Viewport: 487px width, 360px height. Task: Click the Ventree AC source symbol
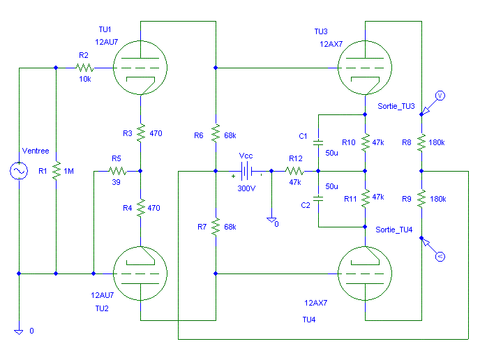pyautogui.click(x=19, y=171)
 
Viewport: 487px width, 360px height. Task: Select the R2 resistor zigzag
pyautogui.click(x=85, y=68)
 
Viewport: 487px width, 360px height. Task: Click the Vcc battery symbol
pyautogui.click(x=246, y=171)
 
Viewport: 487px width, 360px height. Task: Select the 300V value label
pyautogui.click(x=246, y=188)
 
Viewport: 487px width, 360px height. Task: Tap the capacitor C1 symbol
pyautogui.click(x=318, y=142)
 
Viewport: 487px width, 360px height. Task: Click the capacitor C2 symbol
pyautogui.click(x=318, y=199)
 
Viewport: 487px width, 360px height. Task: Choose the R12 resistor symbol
pyautogui.click(x=294, y=171)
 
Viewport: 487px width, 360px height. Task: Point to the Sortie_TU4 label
pyautogui.click(x=394, y=230)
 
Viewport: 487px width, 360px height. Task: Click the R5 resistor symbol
pyautogui.click(x=117, y=171)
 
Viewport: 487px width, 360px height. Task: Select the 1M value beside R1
pyautogui.click(x=68, y=171)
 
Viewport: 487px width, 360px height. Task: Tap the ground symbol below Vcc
pyautogui.click(x=271, y=220)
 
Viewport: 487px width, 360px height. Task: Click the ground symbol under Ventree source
pyautogui.click(x=19, y=331)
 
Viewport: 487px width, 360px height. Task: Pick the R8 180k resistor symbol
pyautogui.click(x=421, y=142)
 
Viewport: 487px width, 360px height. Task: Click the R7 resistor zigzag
pyautogui.click(x=216, y=227)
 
